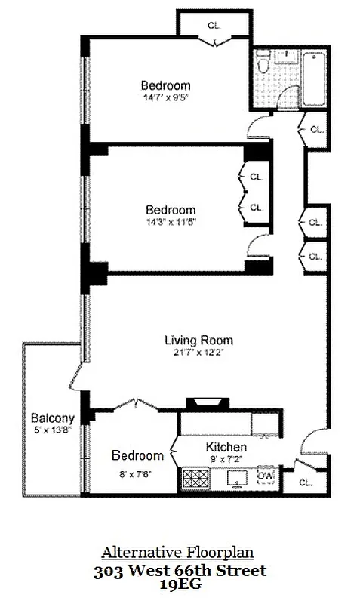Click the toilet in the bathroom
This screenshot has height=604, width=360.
263,66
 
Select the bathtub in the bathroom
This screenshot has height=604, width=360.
313,72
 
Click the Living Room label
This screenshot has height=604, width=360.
199,340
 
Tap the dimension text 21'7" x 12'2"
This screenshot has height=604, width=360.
199,353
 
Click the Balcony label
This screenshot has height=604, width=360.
52,418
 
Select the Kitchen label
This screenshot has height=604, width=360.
226,447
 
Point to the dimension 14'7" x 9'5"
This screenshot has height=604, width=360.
165,97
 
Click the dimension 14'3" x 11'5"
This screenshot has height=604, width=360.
171,222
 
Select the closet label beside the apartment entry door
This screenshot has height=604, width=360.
305,482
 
